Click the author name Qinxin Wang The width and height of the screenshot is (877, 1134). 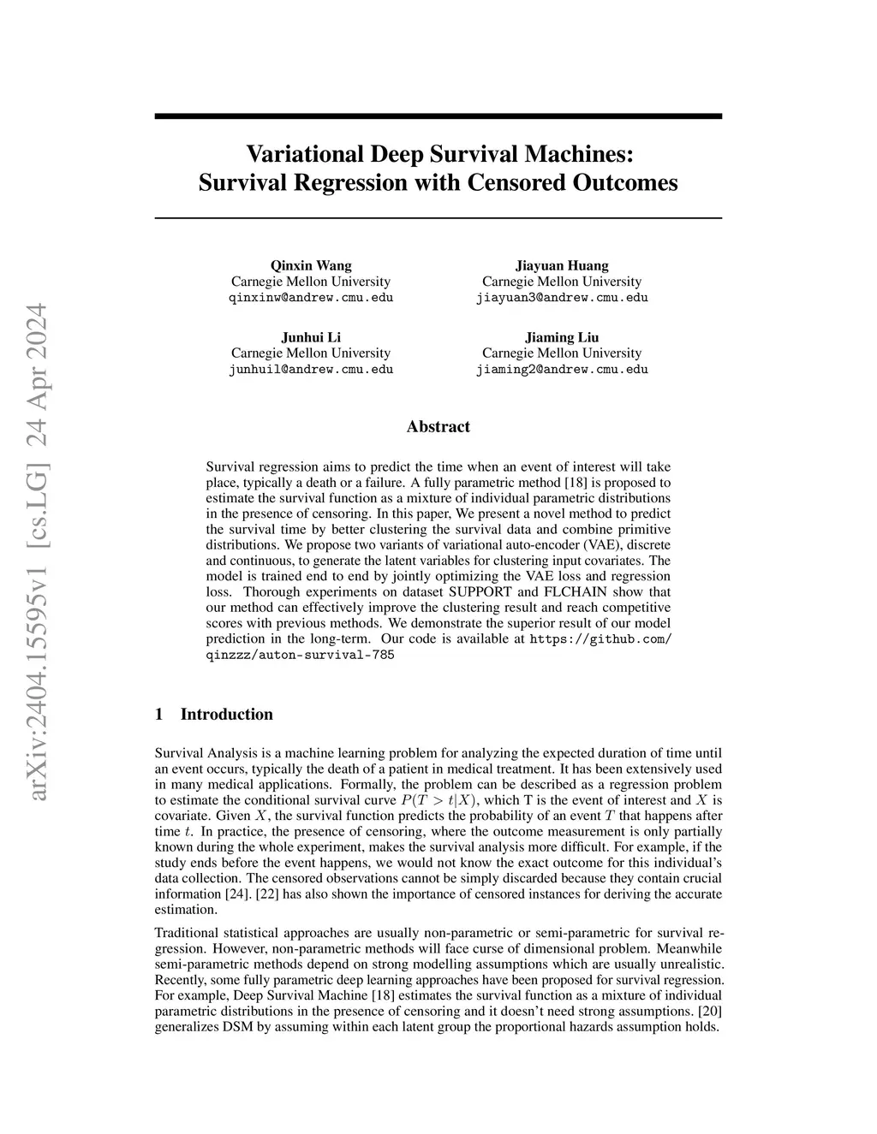(311, 265)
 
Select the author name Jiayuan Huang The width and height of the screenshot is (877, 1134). (562, 265)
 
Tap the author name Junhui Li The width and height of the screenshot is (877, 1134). (311, 337)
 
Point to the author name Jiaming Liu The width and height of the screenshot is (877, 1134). (562, 337)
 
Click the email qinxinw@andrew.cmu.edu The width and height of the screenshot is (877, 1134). (311, 298)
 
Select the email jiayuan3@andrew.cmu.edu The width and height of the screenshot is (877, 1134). (562, 298)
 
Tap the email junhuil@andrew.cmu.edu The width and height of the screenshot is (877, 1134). (311, 370)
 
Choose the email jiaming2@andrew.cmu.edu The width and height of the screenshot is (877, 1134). (562, 370)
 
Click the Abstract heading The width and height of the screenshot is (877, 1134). (438, 426)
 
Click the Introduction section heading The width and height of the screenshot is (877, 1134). (226, 715)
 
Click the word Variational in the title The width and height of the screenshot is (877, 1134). (305, 154)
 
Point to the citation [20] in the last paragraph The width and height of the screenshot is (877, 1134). (709, 1011)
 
